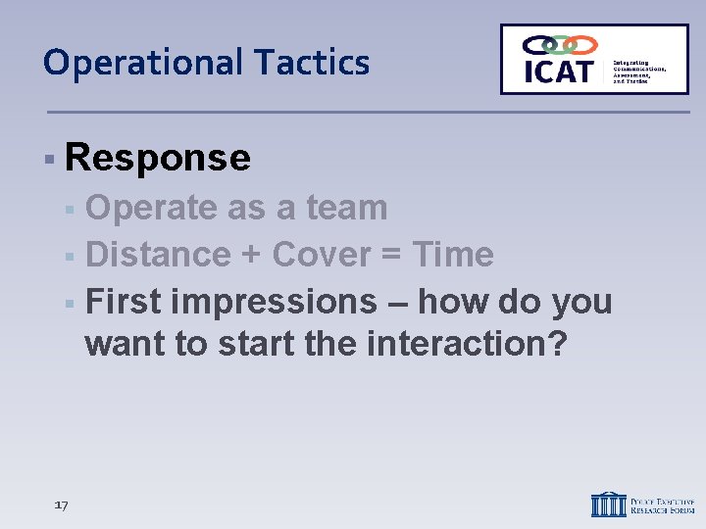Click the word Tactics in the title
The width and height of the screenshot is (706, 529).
[313, 63]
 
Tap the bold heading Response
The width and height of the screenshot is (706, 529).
[158, 157]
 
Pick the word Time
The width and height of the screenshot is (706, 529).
[452, 255]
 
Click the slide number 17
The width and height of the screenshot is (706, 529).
[61, 505]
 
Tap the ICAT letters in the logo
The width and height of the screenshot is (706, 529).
[558, 71]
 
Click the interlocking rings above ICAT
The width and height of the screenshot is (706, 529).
[560, 45]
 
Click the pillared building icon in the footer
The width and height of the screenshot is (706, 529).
[608, 504]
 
